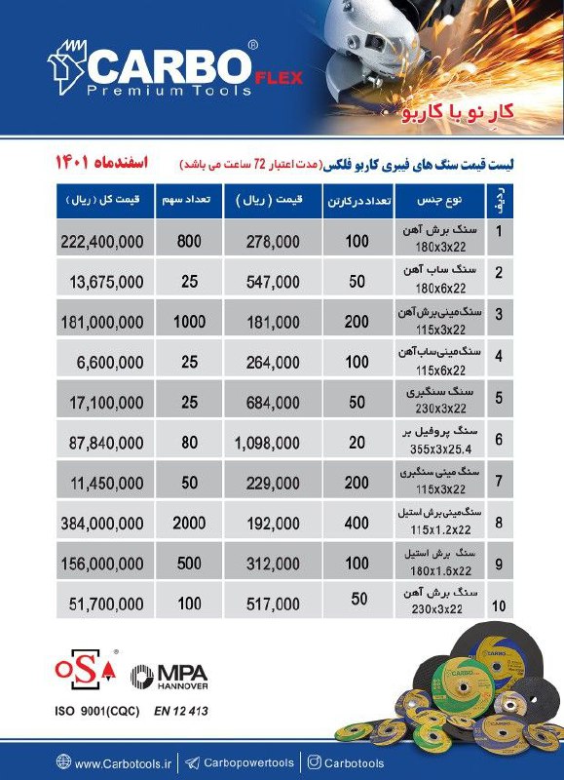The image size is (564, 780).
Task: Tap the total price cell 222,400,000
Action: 102,240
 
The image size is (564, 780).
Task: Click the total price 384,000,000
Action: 102,524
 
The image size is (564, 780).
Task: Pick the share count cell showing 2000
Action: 189,524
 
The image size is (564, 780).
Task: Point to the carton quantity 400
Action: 357,524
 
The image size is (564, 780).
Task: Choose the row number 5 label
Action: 499,397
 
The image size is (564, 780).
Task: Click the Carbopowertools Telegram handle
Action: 247,763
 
